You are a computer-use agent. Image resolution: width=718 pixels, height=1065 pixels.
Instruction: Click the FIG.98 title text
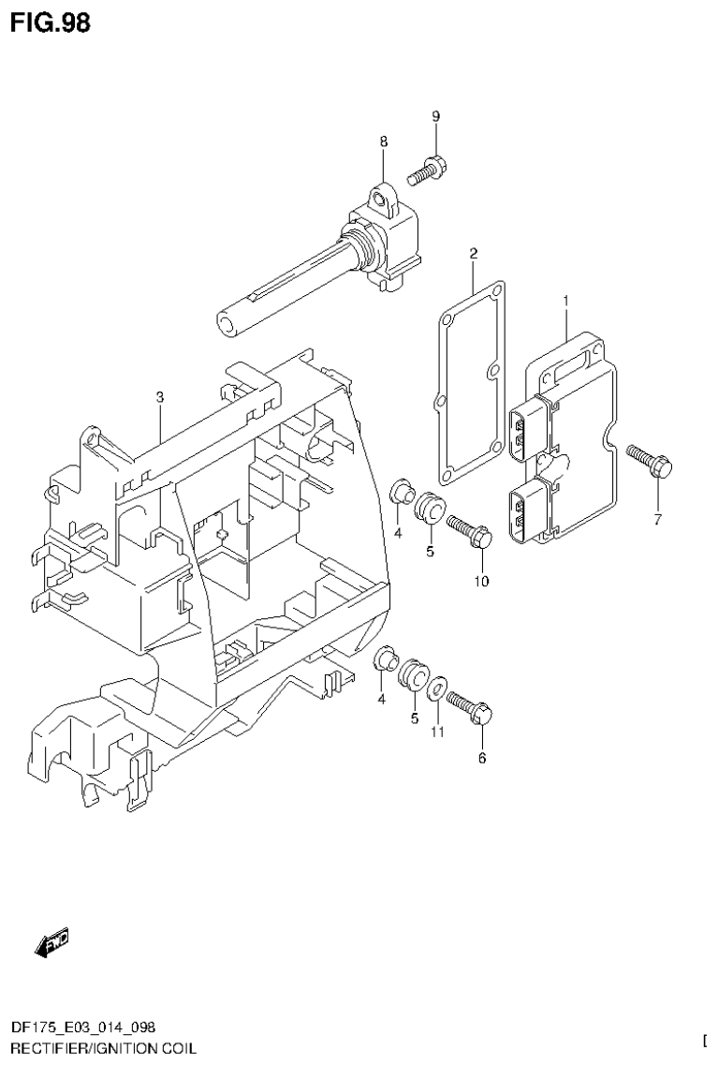tap(51, 22)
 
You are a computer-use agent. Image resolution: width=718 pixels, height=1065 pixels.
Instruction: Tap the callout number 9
tap(435, 116)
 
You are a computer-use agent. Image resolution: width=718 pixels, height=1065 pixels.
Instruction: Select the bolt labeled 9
tap(428, 170)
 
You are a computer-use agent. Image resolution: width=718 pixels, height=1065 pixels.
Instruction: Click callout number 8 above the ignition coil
tap(384, 141)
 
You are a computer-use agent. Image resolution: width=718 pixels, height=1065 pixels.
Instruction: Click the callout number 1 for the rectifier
tap(566, 300)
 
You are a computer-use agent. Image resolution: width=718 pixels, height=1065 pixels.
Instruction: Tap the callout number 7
tap(657, 520)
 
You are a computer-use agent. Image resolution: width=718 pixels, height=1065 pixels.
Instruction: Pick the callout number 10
tap(481, 582)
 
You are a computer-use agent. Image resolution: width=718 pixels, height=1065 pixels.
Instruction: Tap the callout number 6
tap(482, 758)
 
